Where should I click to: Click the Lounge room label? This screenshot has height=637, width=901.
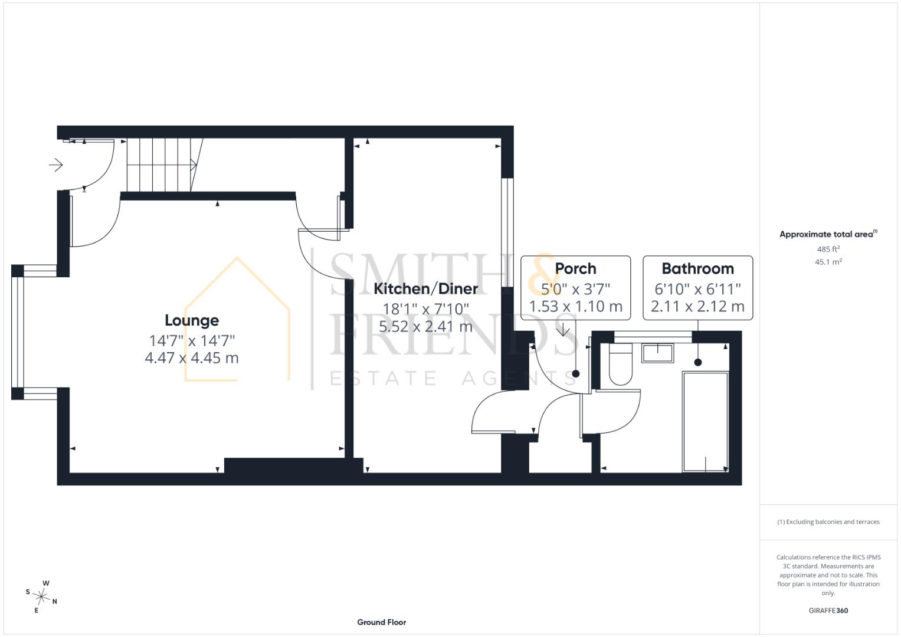192,320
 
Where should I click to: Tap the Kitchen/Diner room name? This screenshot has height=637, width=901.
425,289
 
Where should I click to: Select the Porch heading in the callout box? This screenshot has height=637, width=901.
576,268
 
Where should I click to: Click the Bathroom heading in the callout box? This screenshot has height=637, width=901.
698,268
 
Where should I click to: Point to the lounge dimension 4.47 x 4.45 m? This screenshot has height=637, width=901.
192,357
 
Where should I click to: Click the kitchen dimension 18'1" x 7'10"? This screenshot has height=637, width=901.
425,309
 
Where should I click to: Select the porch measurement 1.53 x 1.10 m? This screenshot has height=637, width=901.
576,307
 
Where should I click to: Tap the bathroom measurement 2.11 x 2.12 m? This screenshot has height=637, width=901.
698,307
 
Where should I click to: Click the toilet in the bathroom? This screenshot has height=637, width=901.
621,363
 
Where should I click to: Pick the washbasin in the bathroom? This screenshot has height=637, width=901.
658,353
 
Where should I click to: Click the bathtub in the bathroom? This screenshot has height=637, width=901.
706,422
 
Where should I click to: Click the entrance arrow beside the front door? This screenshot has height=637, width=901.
56,165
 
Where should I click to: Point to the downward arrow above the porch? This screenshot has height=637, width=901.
563,329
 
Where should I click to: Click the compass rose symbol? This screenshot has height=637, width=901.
41,597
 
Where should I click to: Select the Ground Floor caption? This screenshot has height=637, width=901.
382,622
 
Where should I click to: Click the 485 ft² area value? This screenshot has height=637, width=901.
828,249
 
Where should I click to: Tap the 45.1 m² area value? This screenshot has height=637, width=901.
828,262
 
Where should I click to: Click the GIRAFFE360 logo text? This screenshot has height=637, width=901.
828,610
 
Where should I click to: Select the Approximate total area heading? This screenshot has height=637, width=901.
828,234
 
